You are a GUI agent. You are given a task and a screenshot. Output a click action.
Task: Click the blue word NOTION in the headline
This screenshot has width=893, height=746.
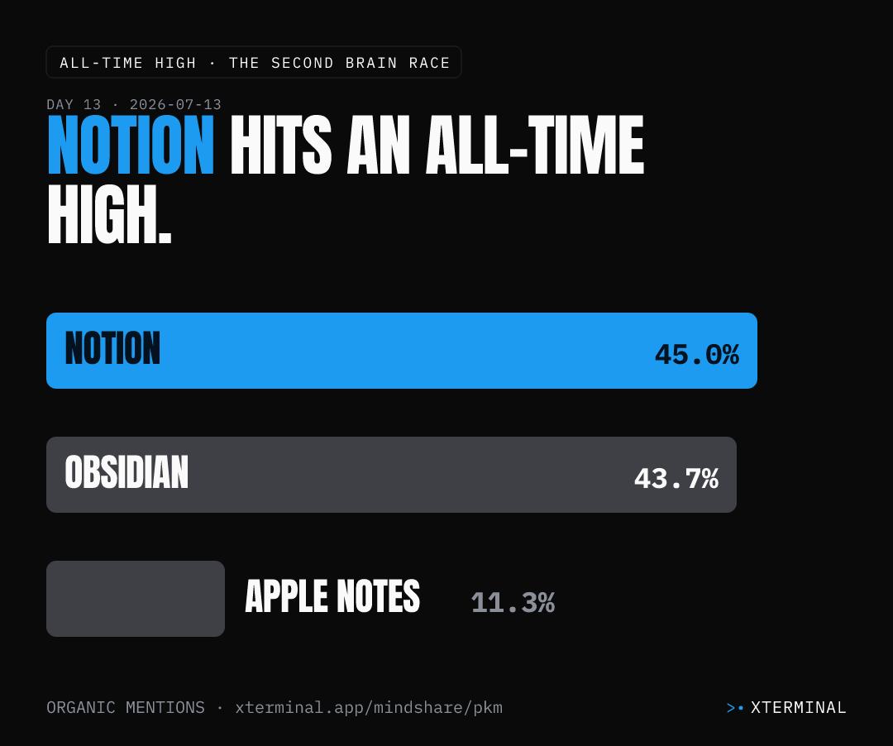click(131, 145)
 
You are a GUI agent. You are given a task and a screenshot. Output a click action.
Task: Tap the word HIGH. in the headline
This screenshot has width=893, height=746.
click(109, 215)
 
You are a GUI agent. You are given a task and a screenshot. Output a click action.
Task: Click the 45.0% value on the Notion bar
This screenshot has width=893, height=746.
click(696, 354)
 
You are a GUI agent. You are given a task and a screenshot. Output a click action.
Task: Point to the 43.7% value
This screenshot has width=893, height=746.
click(676, 478)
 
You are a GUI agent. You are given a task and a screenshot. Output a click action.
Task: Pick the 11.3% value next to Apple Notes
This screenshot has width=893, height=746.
click(513, 602)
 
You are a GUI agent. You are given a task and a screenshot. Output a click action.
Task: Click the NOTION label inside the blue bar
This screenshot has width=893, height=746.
click(112, 348)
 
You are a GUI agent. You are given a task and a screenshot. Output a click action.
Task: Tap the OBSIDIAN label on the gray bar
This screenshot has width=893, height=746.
click(127, 472)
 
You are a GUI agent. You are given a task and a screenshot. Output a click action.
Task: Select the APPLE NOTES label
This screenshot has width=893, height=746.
click(332, 596)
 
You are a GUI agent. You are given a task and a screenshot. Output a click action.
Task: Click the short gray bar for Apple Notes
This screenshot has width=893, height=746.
click(136, 599)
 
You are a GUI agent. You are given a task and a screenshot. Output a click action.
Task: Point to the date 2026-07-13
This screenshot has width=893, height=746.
click(175, 105)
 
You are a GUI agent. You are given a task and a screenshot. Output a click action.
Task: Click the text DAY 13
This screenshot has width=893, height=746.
click(74, 105)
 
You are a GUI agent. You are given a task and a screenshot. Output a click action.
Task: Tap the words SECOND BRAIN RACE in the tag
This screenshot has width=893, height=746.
click(361, 63)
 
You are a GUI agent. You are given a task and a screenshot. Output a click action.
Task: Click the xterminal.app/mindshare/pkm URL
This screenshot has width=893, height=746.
click(369, 707)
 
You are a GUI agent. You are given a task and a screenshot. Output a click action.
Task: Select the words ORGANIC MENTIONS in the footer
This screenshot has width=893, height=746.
click(126, 707)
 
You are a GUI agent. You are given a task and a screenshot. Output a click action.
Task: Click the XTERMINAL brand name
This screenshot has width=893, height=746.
click(799, 707)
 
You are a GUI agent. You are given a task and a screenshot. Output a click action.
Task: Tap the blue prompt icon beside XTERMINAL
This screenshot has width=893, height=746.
click(735, 708)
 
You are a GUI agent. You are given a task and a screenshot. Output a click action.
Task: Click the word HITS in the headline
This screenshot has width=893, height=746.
click(281, 145)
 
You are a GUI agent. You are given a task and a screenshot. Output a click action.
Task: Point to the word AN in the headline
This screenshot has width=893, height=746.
click(378, 145)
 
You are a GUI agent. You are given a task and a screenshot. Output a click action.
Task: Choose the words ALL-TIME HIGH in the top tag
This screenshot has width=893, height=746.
click(127, 63)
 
